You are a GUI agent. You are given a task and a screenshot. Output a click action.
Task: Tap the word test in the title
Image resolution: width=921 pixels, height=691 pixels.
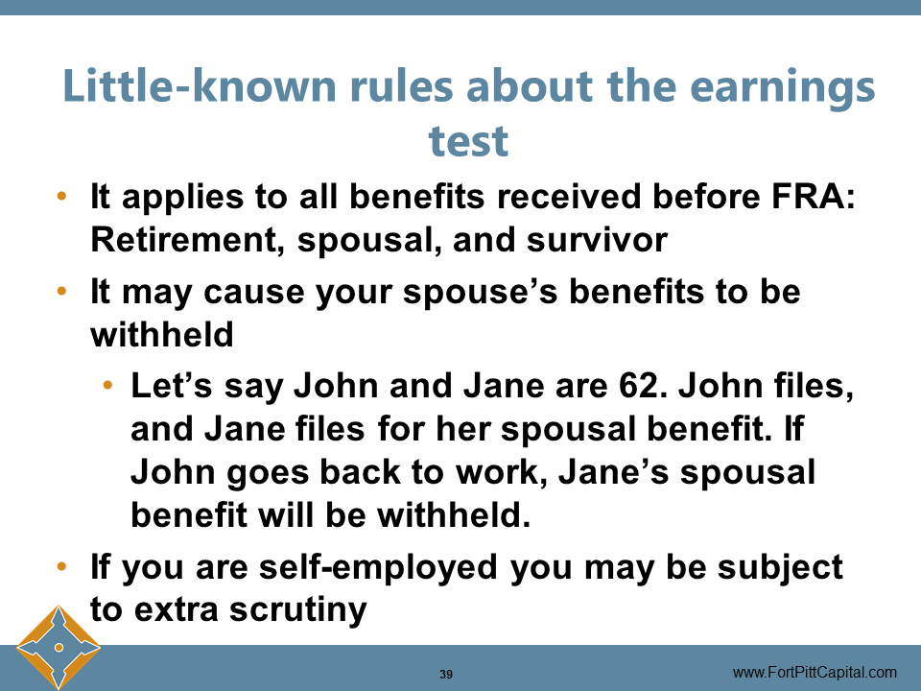(468, 141)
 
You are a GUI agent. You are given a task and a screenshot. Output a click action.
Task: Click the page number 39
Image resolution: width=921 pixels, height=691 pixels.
(446, 674)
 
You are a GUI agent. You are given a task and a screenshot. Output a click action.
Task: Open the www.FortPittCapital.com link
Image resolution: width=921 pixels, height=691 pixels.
(815, 672)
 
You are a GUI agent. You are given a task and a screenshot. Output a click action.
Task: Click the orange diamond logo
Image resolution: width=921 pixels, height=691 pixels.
(59, 647)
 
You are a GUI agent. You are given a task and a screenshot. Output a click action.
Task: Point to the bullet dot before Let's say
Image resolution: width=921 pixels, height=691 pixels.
(109, 387)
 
